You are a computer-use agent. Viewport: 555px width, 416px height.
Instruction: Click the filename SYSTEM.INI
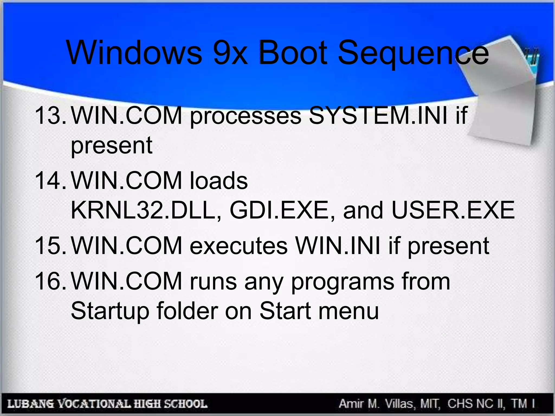tap(378, 116)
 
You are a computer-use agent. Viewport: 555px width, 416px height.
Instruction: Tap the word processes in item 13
tap(246, 117)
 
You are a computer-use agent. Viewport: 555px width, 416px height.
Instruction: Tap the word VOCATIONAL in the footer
tap(95, 404)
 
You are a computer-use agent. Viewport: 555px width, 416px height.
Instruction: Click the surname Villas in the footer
tap(399, 404)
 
